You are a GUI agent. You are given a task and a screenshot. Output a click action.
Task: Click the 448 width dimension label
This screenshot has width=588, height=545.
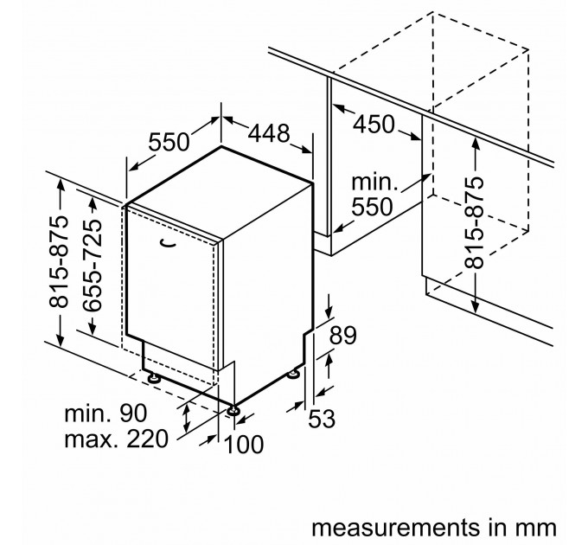point(269,133)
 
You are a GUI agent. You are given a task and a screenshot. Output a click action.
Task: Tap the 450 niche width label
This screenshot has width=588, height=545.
point(374,125)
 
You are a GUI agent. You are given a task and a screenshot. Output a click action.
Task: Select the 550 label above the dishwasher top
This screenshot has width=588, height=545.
point(169,142)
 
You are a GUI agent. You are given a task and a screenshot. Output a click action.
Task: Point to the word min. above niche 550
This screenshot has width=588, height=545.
point(374,183)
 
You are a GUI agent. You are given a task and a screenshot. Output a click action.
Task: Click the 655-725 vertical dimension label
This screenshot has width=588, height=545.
point(93,266)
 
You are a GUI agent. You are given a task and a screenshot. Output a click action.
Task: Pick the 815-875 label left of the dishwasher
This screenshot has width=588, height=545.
point(60,261)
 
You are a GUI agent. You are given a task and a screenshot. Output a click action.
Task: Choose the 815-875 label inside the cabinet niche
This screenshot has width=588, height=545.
point(474,223)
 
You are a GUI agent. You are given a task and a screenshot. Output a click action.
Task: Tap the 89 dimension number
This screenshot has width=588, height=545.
point(342,336)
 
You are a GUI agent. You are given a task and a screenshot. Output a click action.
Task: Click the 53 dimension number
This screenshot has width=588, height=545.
point(322,419)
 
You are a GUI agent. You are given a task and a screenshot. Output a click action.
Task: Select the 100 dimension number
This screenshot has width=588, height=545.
point(243,445)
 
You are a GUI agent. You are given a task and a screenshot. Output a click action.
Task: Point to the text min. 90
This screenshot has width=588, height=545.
point(105,414)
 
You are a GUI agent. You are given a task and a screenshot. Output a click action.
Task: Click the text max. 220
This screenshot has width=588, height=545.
point(116,439)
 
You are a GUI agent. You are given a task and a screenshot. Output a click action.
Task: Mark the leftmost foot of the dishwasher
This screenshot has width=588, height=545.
point(153,378)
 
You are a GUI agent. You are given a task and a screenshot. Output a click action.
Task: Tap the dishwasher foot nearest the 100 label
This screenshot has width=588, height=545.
point(233,410)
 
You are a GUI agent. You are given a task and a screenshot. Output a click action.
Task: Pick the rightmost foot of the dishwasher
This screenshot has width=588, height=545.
point(293,374)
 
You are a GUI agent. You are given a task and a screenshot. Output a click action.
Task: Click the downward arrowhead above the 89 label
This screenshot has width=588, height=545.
point(329,312)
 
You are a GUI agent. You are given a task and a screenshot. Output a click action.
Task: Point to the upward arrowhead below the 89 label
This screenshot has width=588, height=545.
point(329,361)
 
